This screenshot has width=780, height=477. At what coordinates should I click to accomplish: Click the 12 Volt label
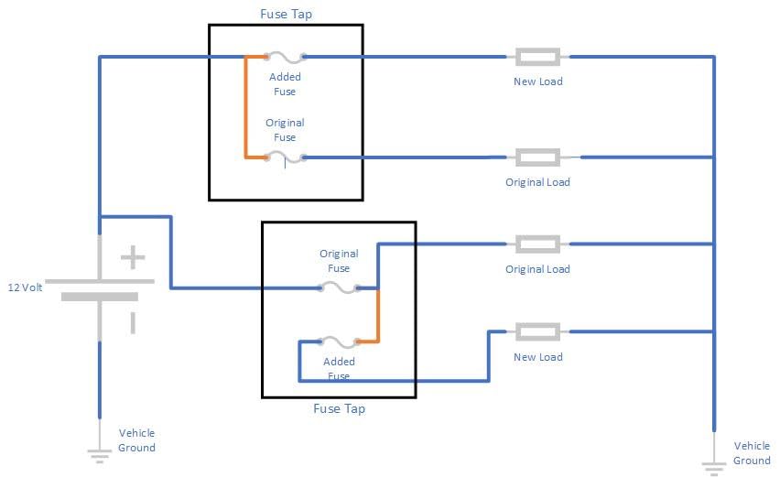click(x=27, y=287)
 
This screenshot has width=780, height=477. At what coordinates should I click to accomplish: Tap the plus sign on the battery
click(x=133, y=257)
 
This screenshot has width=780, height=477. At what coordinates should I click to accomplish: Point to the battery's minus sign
click(x=133, y=322)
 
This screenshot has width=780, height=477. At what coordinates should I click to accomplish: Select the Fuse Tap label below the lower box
click(x=339, y=408)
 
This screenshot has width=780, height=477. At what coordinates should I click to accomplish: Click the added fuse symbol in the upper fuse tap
click(x=284, y=57)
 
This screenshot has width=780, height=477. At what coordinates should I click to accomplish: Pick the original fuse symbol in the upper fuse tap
click(x=284, y=157)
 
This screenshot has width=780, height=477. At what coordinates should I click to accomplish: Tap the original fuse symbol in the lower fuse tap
click(x=339, y=287)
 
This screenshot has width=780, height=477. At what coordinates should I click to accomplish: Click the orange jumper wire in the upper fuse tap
click(x=245, y=107)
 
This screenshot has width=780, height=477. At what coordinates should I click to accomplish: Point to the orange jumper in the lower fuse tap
click(x=377, y=316)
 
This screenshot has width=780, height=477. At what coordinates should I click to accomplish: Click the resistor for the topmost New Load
click(x=537, y=57)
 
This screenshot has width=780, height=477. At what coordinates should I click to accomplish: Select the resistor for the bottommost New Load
click(x=537, y=331)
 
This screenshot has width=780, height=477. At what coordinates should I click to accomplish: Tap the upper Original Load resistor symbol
click(x=537, y=157)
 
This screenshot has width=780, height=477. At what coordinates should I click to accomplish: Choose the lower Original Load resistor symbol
click(x=537, y=244)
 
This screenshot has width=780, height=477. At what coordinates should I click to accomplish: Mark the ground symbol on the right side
click(x=713, y=465)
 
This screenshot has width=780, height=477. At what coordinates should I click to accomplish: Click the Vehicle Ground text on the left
click(x=136, y=440)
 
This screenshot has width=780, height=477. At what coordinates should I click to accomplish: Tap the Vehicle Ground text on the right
click(x=752, y=453)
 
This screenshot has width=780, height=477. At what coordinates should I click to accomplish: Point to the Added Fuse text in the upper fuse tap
click(x=285, y=84)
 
